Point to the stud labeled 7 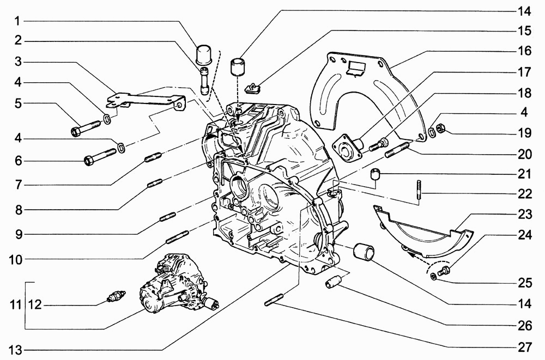coord(153,157)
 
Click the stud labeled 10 coord(177,237)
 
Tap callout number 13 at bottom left coord(15,349)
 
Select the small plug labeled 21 coord(374,174)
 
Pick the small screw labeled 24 coord(443,271)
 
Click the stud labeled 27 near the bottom coord(274,300)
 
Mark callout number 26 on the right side coord(524,326)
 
